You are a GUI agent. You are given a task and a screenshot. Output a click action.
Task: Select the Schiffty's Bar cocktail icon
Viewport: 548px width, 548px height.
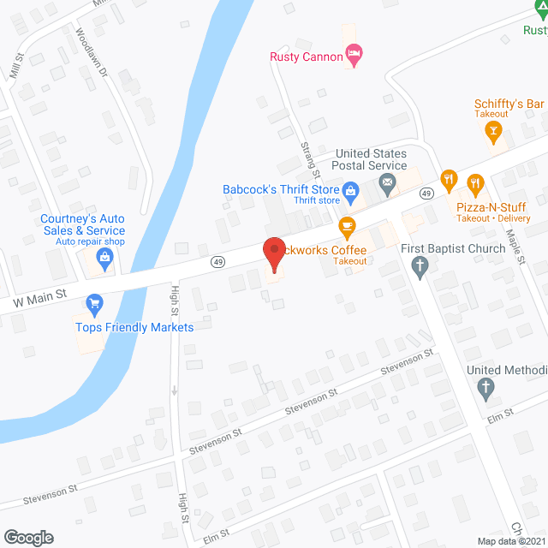pos(492,131)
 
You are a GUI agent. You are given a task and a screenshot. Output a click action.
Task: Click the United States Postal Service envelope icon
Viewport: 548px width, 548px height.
pos(388,182)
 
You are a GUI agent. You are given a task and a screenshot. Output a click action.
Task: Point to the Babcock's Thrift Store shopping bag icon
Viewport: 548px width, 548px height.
pos(349,190)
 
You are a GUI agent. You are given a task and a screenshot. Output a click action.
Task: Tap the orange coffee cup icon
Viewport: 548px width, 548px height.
pos(347,227)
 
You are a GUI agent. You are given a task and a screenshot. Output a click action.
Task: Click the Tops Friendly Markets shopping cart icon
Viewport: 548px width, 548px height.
pos(94,303)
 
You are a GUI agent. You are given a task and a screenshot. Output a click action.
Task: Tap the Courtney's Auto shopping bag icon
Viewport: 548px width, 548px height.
pos(104,257)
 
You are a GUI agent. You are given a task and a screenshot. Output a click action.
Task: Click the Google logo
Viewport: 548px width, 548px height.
pos(27,537)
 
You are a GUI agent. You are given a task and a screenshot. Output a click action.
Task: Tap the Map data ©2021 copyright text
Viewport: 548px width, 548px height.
pos(509,541)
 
